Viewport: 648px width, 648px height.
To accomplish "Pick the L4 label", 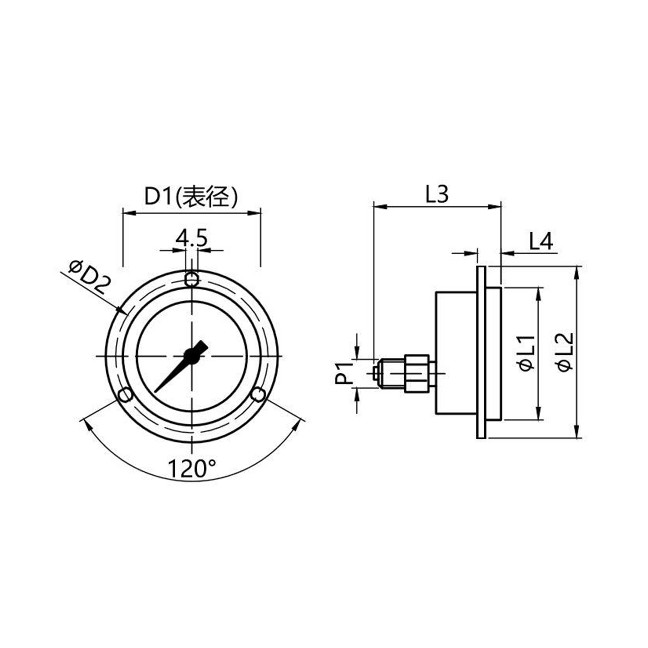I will click(x=541, y=241).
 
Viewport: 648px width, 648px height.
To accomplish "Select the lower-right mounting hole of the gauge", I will click(x=258, y=394).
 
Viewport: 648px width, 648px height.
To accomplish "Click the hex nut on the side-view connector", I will click(x=417, y=373).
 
